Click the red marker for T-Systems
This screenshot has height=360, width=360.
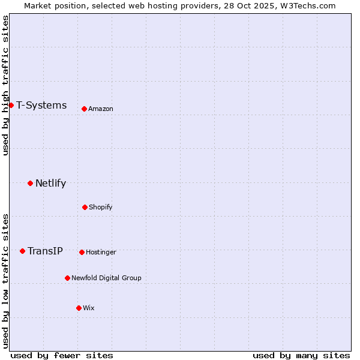click(11, 106)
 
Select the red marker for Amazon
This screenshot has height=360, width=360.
click(84, 109)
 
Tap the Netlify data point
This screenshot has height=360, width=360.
click(30, 183)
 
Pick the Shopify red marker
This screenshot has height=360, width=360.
click(85, 207)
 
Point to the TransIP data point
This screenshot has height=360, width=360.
click(22, 251)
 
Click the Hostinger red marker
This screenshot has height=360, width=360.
click(82, 252)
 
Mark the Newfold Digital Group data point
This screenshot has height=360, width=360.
click(67, 278)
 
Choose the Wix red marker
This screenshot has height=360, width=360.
click(79, 308)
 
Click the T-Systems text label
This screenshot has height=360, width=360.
click(41, 106)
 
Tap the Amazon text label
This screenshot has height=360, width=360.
click(101, 109)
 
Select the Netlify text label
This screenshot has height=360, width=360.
click(50, 184)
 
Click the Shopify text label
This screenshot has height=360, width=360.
click(101, 207)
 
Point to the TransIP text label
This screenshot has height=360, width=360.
click(45, 251)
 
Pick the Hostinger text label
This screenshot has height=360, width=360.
click(101, 252)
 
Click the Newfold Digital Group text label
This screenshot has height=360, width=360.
click(106, 278)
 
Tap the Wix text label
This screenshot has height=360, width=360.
click(89, 308)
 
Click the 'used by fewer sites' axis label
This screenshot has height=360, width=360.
click(62, 355)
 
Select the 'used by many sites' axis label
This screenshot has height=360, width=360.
click(301, 355)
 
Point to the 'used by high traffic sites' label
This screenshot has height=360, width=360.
click(5, 85)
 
